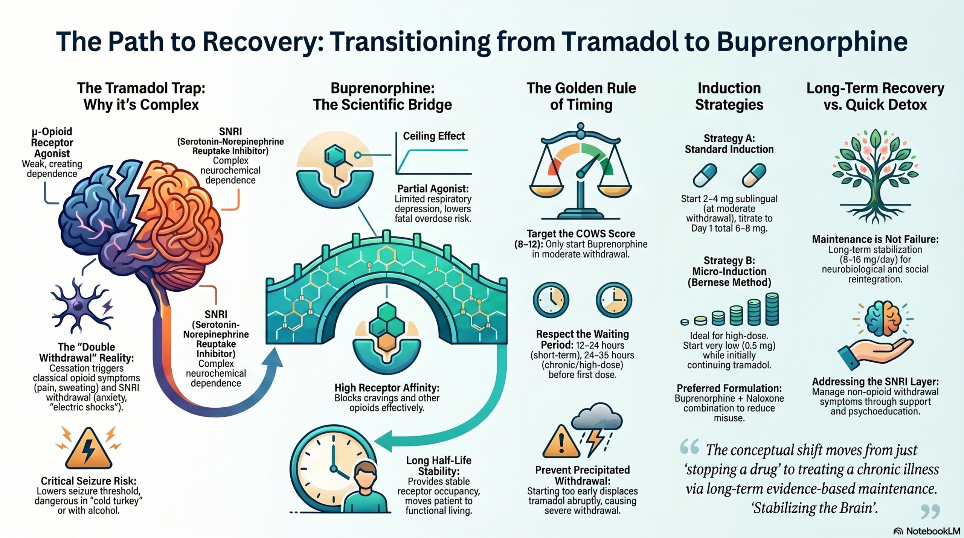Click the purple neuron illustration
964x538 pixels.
click(x=80, y=305)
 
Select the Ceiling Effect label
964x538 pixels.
click(x=434, y=136)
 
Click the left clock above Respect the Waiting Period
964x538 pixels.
click(x=551, y=300)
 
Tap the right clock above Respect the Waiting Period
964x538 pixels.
click(x=613, y=300)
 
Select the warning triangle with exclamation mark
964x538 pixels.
click(x=561, y=442)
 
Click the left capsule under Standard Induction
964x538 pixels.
click(x=705, y=175)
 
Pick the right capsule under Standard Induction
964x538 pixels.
click(x=754, y=175)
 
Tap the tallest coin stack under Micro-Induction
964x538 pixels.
click(x=772, y=309)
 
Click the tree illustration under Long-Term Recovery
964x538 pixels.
click(x=875, y=181)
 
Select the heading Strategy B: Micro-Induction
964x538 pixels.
click(x=729, y=271)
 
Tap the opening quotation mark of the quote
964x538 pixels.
click(x=689, y=447)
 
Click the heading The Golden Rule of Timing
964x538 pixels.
click(x=581, y=96)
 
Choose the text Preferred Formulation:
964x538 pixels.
click(x=729, y=388)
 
